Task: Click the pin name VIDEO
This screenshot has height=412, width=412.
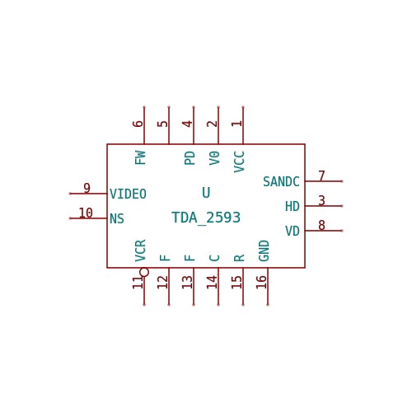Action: pos(128,194)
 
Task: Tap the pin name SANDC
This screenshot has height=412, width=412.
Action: pos(281,181)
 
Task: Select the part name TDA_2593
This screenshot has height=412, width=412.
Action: pos(206,218)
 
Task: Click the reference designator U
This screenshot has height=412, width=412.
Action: pos(206,193)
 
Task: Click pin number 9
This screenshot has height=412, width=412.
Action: pos(87,188)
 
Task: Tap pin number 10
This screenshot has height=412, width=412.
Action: pos(86,213)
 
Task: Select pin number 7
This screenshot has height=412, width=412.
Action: pos(321,176)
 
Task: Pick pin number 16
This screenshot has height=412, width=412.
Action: pos(261,282)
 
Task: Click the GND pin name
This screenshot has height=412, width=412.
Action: pos(264,250)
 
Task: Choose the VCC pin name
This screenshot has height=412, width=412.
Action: pos(239,162)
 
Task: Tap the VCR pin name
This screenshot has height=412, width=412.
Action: pos(140,250)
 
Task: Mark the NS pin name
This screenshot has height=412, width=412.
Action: pos(117,218)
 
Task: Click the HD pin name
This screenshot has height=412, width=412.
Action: pos(293,206)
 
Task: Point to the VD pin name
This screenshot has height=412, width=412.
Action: pos(293,231)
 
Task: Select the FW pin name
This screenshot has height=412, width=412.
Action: pos(140,157)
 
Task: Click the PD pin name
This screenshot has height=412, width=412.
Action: pos(190,158)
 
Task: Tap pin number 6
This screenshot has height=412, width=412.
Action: pos(138,124)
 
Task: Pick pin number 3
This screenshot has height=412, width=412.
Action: pos(321,200)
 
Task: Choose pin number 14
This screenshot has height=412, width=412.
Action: pos(212,282)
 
